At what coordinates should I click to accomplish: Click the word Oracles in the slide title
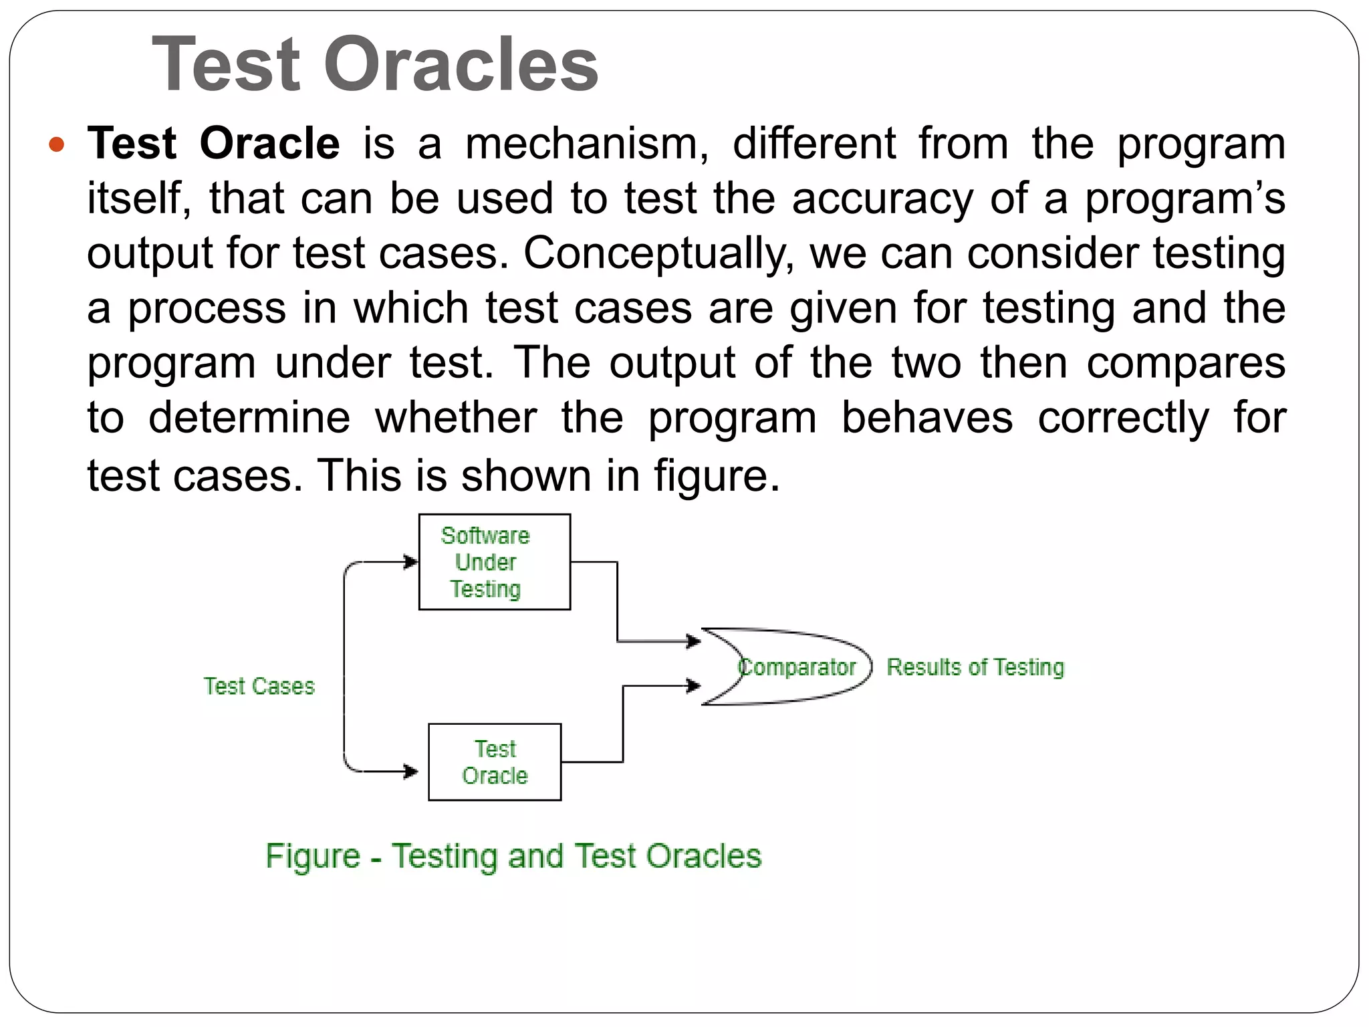(461, 65)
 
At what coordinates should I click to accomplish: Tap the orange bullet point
(57, 144)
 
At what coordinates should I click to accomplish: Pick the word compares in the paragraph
(1186, 363)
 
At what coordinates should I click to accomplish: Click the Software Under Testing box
(494, 562)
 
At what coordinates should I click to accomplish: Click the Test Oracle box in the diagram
(494, 762)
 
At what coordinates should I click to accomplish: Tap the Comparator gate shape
(789, 667)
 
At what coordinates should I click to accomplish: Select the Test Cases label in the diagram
(259, 686)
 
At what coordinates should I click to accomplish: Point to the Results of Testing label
(975, 667)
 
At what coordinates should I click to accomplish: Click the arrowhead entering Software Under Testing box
(410, 562)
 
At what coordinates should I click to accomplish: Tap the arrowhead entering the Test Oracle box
(410, 772)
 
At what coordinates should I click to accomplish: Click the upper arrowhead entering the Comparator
(694, 642)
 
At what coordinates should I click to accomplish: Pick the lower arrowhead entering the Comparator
(694, 685)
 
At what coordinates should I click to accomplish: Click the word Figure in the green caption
(313, 856)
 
